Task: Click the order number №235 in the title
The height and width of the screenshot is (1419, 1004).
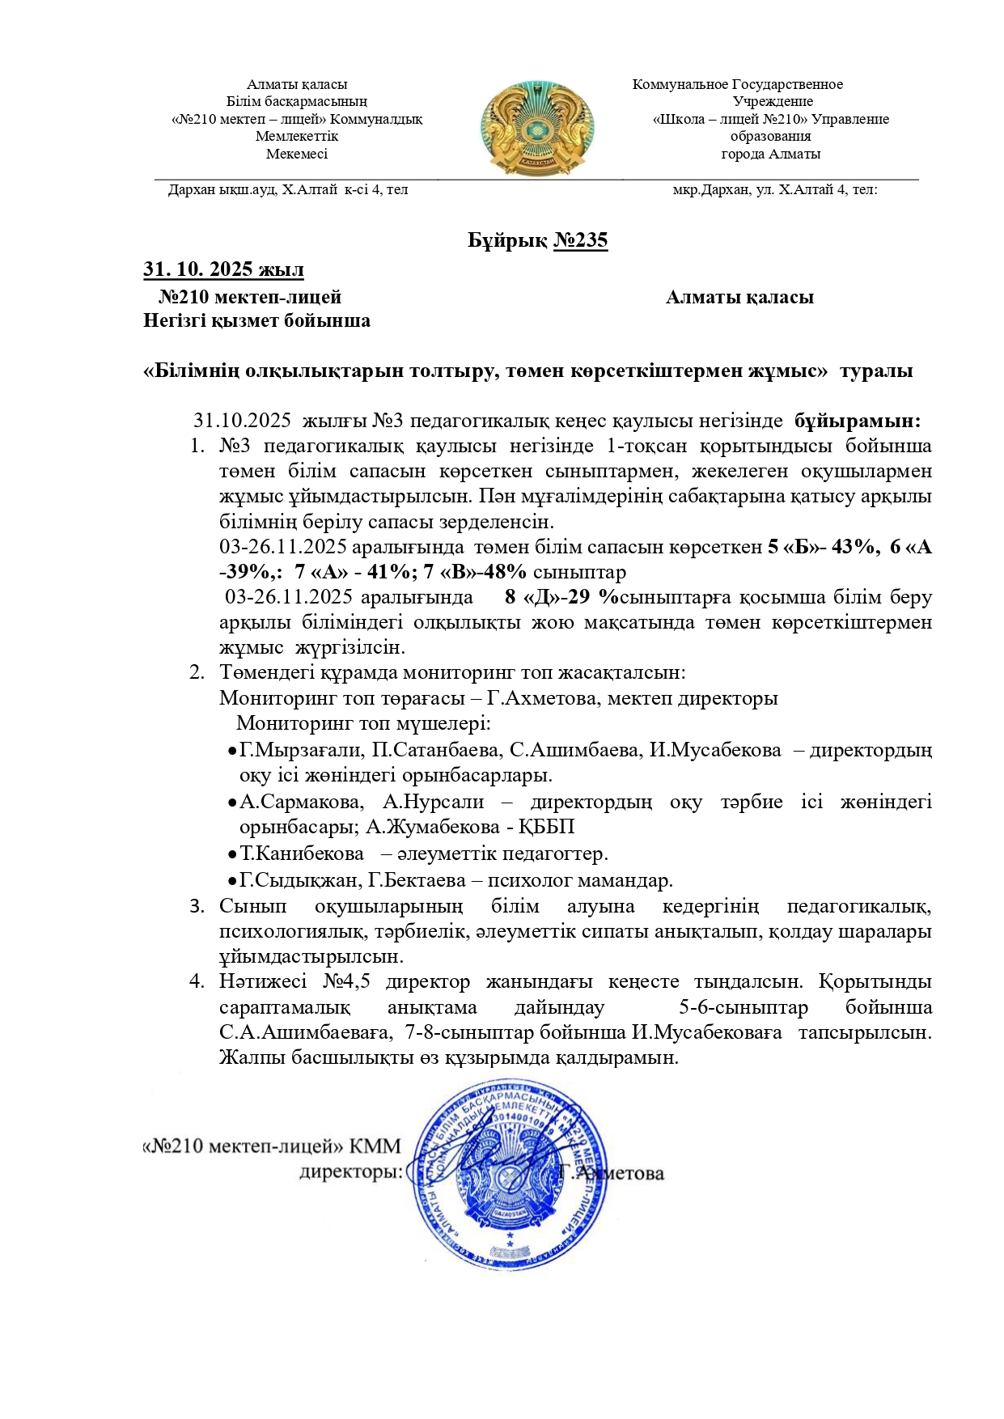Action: (580, 240)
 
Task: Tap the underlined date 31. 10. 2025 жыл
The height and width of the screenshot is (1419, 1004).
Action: (223, 269)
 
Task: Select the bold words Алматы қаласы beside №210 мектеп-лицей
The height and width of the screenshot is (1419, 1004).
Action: (739, 297)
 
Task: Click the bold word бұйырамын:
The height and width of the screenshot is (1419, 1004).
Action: (857, 421)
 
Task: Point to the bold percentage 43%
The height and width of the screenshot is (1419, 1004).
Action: (852, 547)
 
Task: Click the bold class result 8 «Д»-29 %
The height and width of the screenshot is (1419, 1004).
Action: (561, 597)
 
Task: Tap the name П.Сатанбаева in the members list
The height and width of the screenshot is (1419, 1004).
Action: (437, 750)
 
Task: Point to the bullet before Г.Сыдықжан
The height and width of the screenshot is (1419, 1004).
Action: (231, 880)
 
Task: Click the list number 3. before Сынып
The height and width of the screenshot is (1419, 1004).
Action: (197, 906)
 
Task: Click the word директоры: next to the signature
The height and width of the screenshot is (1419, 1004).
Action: (350, 1172)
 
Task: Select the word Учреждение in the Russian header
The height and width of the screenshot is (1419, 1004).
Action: (772, 102)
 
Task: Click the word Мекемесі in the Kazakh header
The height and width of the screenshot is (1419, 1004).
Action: (297, 154)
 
